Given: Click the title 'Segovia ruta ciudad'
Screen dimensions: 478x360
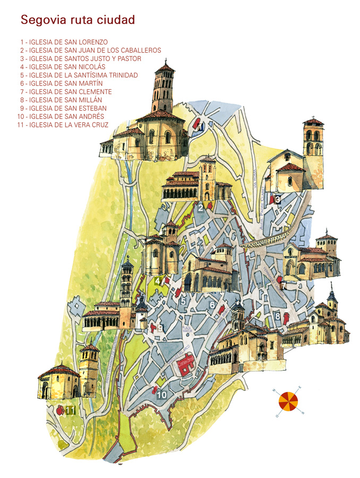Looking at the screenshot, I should coord(78,20).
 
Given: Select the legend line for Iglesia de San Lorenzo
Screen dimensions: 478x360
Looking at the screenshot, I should coord(64,42).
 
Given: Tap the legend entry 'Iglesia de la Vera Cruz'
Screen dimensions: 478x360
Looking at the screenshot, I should coord(64,125).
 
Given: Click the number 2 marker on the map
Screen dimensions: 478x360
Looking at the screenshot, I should coord(200,208).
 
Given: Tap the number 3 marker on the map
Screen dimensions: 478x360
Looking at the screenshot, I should coord(278,200).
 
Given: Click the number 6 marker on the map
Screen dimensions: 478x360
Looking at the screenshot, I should coord(212,305).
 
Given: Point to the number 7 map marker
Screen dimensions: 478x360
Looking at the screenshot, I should coord(284,286).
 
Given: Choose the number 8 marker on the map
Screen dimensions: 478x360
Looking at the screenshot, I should coord(278,317).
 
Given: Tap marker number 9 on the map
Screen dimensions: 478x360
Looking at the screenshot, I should coord(159,328).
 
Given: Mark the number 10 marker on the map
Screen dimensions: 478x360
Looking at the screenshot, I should coord(161,395).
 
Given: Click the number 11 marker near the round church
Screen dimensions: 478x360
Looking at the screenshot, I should coord(70,411).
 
